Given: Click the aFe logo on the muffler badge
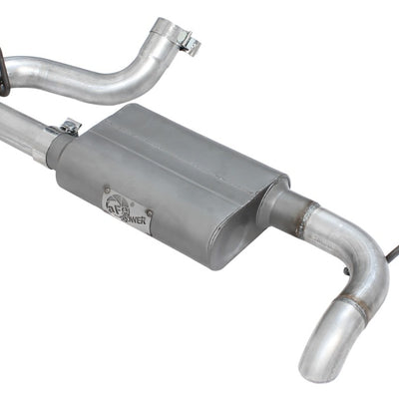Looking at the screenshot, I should (118, 201).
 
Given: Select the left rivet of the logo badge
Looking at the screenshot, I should (107, 190).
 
